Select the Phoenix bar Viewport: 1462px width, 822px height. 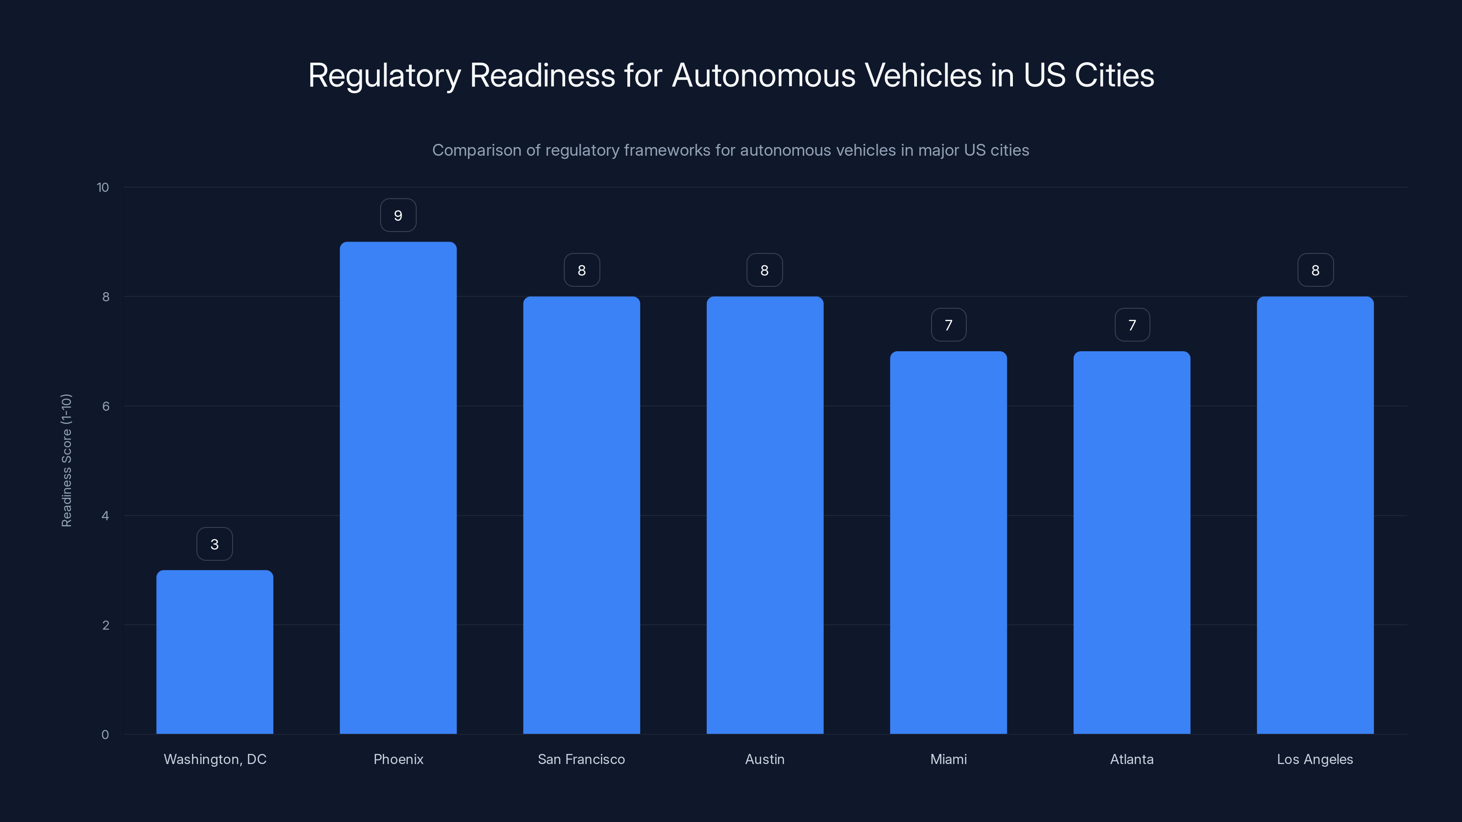coord(398,488)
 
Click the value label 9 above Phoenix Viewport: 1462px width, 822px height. coord(398,216)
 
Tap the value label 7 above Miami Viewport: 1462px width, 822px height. coord(948,325)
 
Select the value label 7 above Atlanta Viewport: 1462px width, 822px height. coord(1132,325)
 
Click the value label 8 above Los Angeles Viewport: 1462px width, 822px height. coord(1315,271)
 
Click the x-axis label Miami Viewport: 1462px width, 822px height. coord(948,759)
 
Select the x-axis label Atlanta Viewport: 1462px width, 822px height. coord(1132,759)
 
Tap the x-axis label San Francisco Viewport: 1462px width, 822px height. coord(581,759)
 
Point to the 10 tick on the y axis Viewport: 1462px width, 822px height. coord(103,187)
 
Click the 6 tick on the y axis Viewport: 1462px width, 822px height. coord(106,406)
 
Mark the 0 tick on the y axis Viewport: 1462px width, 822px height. coord(105,735)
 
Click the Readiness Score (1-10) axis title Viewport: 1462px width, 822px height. coord(66,460)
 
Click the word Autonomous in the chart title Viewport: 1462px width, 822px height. coord(763,75)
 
